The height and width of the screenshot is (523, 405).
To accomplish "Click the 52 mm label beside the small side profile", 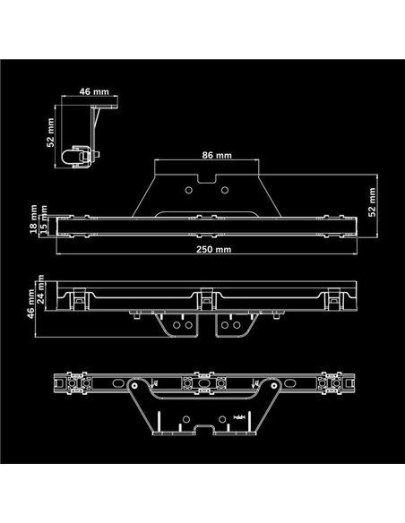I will coord(51,134).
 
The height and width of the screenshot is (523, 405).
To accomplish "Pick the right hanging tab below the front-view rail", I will coord(237,325).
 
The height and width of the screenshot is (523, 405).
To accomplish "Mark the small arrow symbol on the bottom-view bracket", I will coord(238,417).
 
